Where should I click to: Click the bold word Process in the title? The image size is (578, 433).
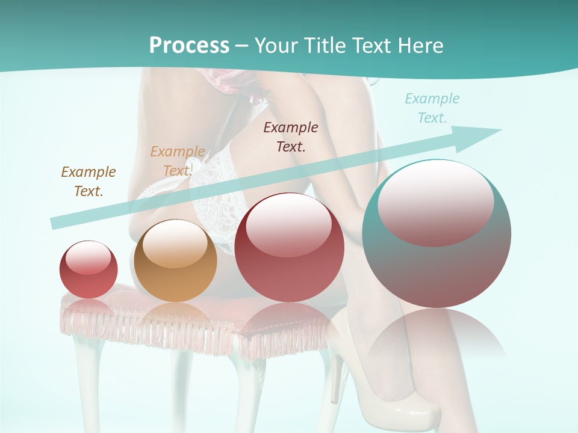[189, 46]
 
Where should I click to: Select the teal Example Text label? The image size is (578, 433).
[432, 108]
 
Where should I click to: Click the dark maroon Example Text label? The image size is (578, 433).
[291, 137]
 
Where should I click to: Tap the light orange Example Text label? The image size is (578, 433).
[177, 161]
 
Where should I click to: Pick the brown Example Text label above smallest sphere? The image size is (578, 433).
[88, 181]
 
